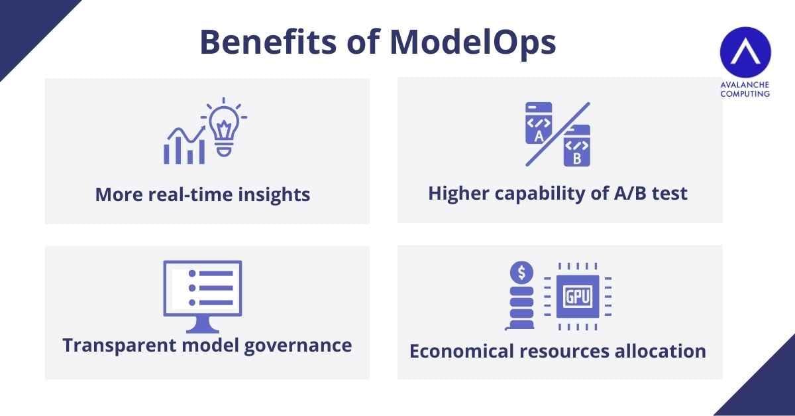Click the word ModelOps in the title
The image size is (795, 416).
(473, 43)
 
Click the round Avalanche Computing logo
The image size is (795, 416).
(745, 52)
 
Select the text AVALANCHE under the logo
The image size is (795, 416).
(745, 85)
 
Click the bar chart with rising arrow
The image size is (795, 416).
(184, 145)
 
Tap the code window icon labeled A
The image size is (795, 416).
(539, 123)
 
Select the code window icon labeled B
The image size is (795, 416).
(577, 146)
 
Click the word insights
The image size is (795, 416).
(274, 195)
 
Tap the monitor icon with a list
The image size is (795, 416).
(203, 297)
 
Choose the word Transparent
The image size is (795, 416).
(119, 346)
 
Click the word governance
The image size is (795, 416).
(298, 346)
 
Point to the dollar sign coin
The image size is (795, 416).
(521, 273)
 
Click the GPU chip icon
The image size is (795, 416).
(578, 297)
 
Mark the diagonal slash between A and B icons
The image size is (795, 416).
(558, 135)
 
